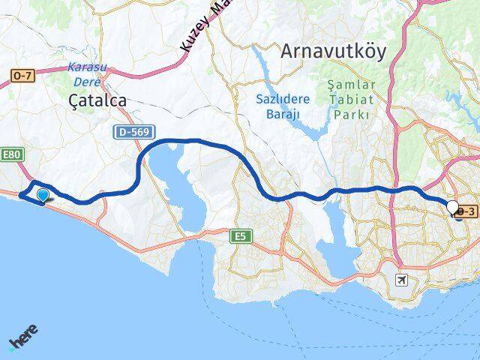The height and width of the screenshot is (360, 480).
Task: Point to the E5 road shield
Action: click(239, 236)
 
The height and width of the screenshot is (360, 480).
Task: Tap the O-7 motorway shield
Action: click(22, 75)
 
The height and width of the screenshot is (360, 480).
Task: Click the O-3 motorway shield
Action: click(466, 212)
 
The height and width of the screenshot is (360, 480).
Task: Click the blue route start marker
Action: click(43, 196)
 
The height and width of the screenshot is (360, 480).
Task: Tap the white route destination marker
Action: click(453, 208)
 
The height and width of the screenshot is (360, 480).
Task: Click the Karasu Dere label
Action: click(87, 72)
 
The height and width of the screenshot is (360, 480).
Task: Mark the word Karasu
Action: click(87, 66)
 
